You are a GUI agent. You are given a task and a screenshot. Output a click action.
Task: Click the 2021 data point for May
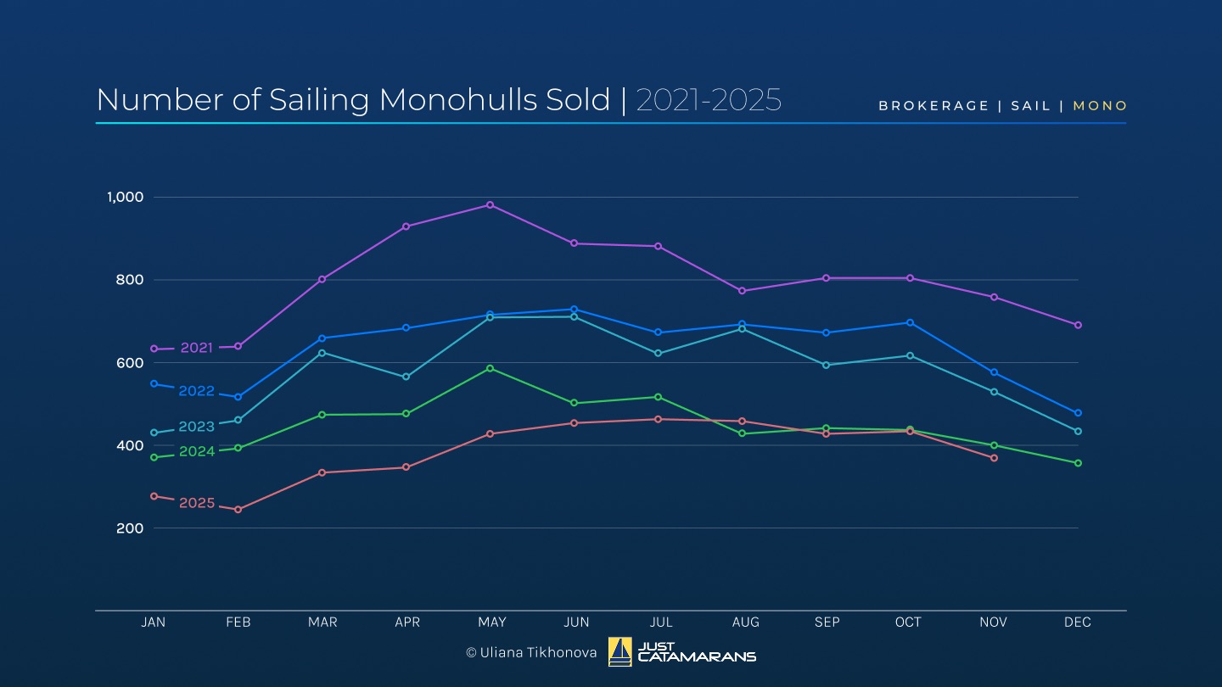(490, 204)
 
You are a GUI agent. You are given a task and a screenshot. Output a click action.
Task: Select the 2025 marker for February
(238, 510)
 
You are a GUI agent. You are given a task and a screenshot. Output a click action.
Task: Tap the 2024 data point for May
(490, 368)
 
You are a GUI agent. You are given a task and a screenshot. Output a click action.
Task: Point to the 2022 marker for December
(1078, 413)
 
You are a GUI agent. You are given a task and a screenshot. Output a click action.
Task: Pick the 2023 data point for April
(406, 377)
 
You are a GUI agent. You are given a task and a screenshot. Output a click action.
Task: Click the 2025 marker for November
(994, 458)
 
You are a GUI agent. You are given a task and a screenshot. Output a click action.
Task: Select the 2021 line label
(196, 348)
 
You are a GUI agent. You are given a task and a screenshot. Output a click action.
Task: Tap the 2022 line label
(196, 391)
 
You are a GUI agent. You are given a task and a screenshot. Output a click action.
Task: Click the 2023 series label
(196, 427)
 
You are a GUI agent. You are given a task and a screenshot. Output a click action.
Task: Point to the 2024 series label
(196, 451)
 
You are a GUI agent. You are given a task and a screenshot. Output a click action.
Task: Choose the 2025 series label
(196, 503)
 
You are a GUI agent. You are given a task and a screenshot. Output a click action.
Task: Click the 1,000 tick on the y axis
(125, 197)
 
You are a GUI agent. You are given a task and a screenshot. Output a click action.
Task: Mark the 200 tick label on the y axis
(130, 528)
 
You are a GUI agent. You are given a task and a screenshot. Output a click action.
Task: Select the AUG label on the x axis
(745, 623)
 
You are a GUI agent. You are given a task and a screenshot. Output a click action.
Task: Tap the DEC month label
(1077, 623)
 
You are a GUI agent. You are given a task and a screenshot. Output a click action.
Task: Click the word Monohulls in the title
(494, 100)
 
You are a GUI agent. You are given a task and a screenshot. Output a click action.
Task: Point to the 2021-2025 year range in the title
(708, 100)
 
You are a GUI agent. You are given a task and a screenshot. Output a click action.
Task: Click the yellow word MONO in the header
(1100, 106)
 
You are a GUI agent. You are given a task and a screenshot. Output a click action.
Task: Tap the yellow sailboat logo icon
(619, 651)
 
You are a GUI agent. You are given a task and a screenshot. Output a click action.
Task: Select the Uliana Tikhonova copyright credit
(531, 652)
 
